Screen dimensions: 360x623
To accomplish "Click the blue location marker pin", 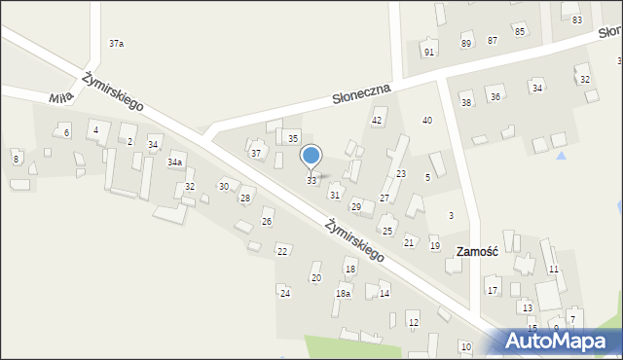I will [311, 157].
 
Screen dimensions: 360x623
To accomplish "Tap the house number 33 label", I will [311, 181].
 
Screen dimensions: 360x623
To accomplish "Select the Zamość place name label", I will [477, 251].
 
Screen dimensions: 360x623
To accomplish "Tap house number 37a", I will [117, 44].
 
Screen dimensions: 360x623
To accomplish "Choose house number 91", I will [429, 52].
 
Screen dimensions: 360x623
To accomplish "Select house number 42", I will [378, 121].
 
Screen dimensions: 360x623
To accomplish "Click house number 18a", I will [343, 293].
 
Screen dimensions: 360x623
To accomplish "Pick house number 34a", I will [175, 162].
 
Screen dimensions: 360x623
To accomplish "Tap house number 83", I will [577, 20].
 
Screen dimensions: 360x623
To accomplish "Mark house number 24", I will [285, 293].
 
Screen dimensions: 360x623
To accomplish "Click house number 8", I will [16, 159].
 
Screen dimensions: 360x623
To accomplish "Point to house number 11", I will [554, 269].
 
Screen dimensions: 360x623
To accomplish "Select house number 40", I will [426, 120].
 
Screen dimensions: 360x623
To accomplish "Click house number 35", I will [293, 139].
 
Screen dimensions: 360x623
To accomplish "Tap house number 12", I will [413, 323].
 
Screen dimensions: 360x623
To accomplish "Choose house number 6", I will [66, 132].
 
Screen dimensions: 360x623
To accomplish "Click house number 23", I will [400, 173].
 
